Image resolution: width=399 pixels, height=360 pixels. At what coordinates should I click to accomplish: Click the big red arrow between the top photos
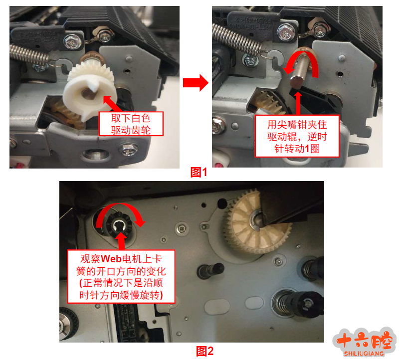pos(196,82)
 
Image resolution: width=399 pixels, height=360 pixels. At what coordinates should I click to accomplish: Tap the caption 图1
pos(199,172)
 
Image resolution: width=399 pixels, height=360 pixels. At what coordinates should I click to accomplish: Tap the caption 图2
pos(205,351)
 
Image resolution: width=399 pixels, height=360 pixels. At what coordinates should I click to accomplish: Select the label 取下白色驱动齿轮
pos(131,124)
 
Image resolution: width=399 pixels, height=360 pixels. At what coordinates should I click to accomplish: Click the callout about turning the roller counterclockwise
pos(297,136)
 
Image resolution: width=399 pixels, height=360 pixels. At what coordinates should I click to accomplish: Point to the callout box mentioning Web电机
pos(121,277)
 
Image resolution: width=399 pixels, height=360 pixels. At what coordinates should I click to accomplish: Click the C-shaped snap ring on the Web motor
pos(119,226)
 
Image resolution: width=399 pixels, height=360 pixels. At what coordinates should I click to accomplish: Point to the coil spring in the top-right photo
pos(236,39)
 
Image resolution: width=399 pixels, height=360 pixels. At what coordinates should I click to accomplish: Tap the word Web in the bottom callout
pos(111,259)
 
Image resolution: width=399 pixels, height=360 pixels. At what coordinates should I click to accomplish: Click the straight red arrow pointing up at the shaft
pos(298,103)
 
